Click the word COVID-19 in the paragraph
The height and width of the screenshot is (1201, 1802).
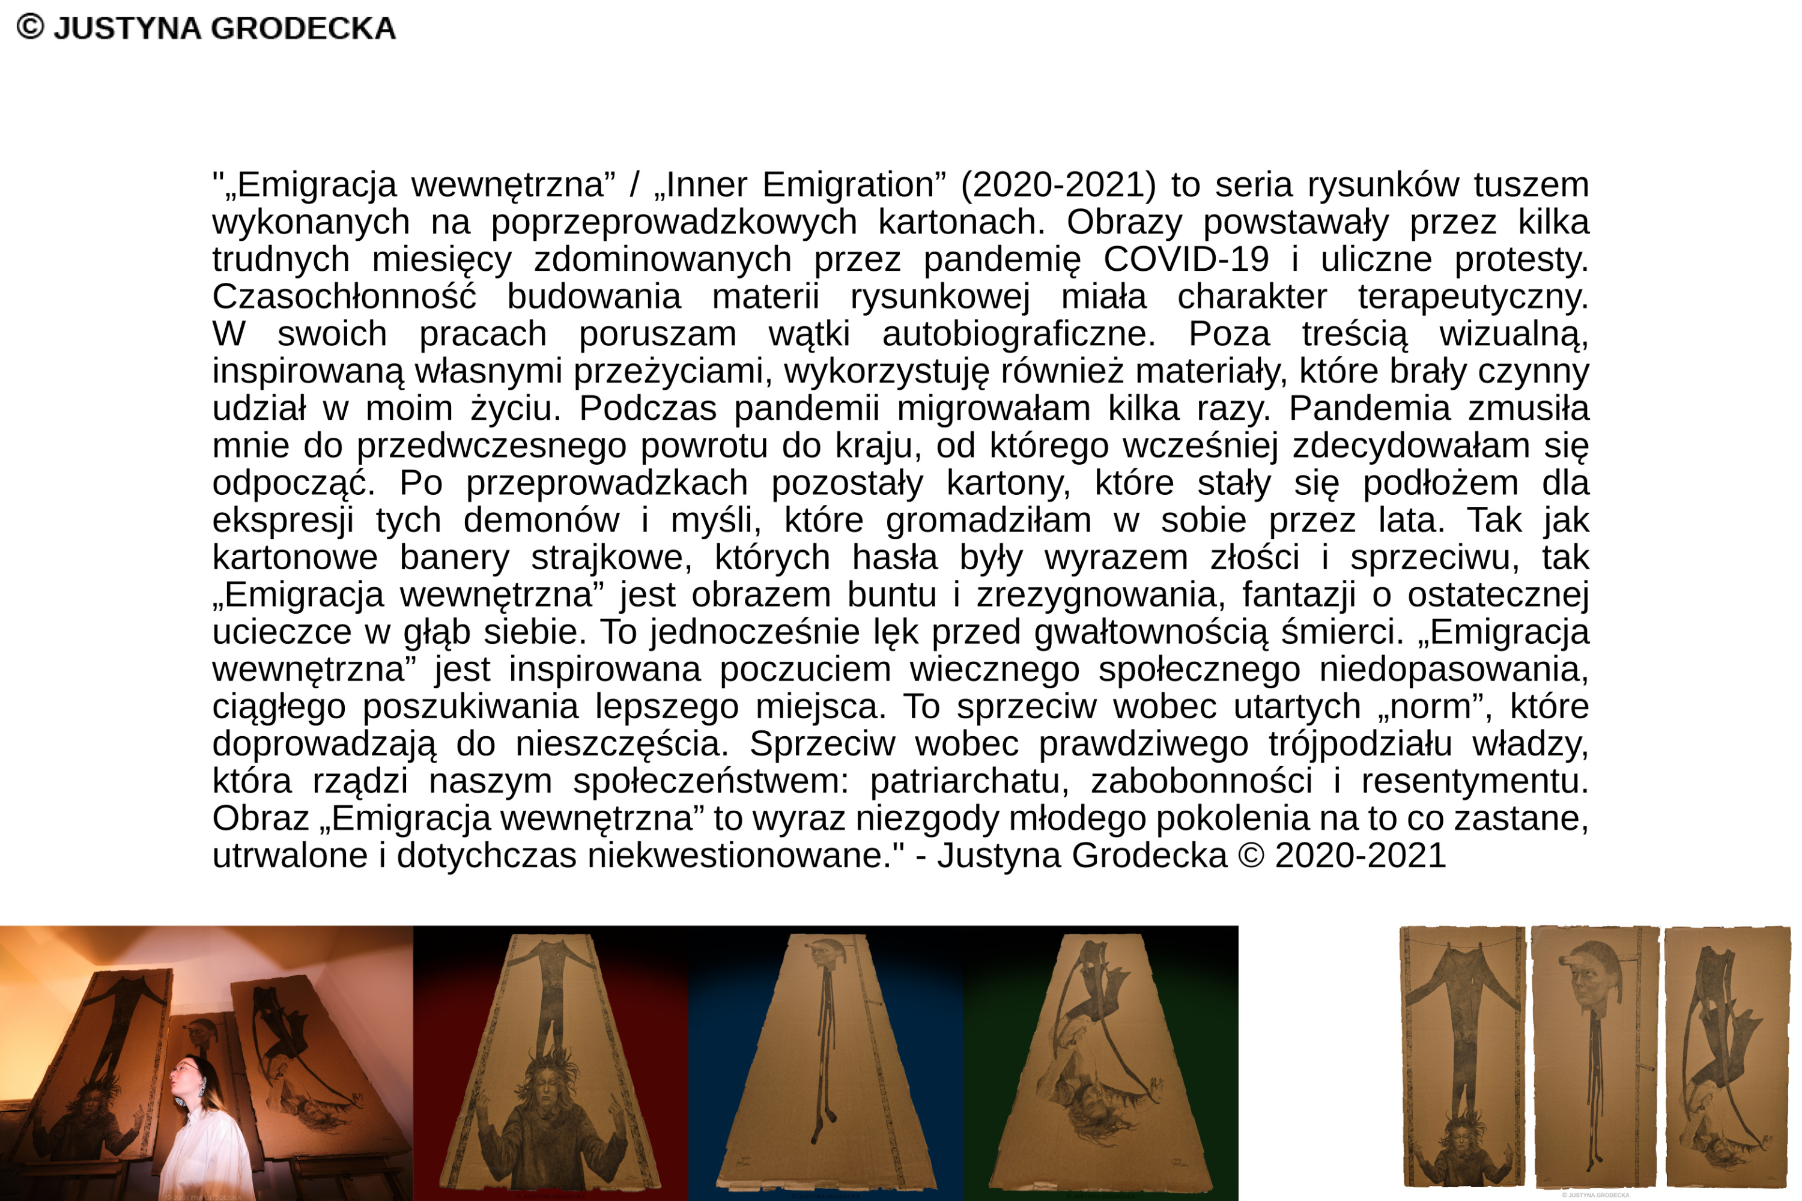pos(1185,259)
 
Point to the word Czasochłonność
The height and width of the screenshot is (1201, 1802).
pos(344,297)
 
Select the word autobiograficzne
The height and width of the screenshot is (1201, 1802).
pos(1018,334)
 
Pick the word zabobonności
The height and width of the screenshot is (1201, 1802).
pos(1201,781)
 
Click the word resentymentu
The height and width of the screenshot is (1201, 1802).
pos(1474,781)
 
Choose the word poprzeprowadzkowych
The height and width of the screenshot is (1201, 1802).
pos(673,223)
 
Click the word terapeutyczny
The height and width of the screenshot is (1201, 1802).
pos(1473,297)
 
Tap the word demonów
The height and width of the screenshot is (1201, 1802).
pos(541,521)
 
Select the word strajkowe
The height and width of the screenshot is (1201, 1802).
pos(611,558)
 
